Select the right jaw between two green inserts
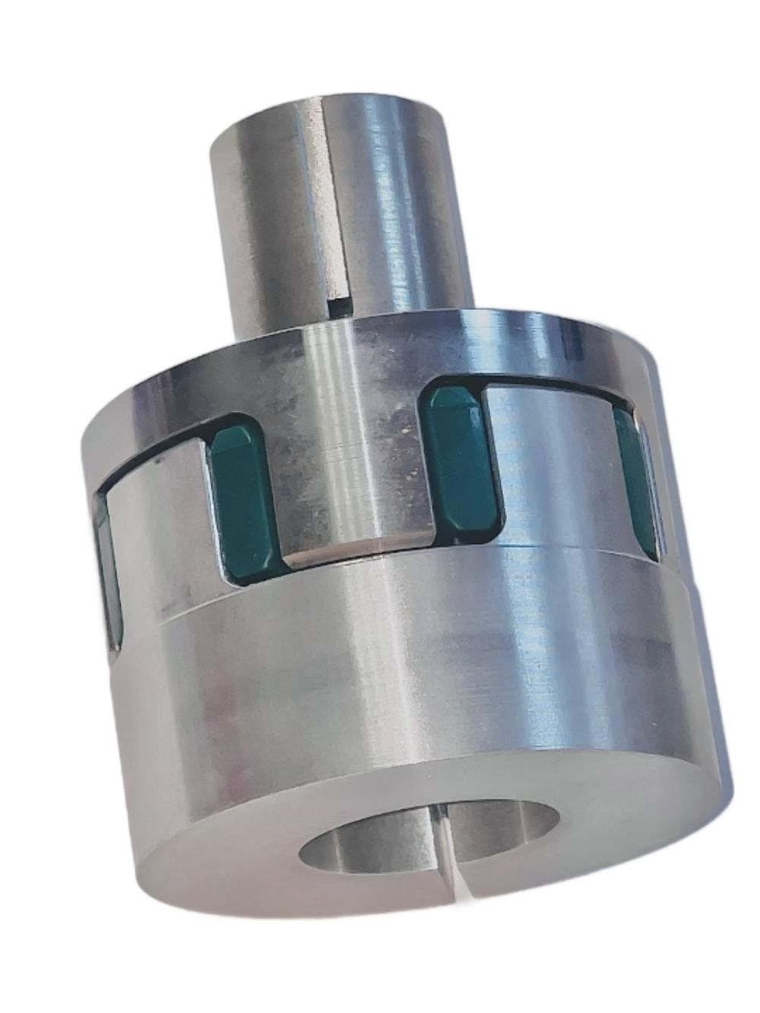point(551,464)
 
